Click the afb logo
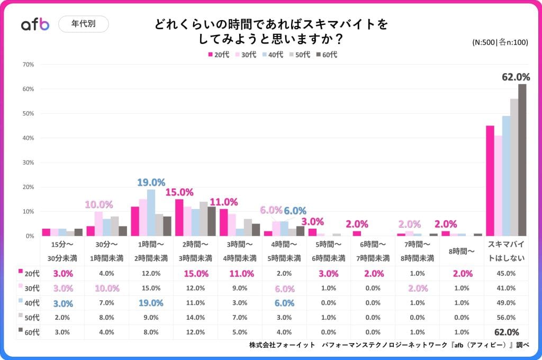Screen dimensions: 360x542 tap(35, 24)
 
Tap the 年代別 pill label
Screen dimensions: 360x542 tap(83, 24)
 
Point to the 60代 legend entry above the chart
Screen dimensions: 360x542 tap(326, 55)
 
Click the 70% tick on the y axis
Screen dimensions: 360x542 tap(28, 65)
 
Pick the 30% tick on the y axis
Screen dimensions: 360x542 tap(28, 163)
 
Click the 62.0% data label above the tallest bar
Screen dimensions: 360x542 tap(516, 77)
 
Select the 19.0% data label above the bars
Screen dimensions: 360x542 tap(151, 183)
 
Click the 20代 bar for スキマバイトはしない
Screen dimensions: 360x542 tap(490, 181)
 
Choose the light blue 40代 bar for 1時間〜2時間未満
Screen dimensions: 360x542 tap(151, 212)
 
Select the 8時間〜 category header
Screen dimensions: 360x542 tap(462, 251)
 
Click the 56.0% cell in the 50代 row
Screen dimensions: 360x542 tap(505, 318)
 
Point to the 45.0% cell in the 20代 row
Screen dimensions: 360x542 tap(505, 273)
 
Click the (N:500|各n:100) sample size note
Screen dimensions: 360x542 tap(500, 43)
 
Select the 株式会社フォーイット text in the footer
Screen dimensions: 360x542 tap(281, 345)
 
